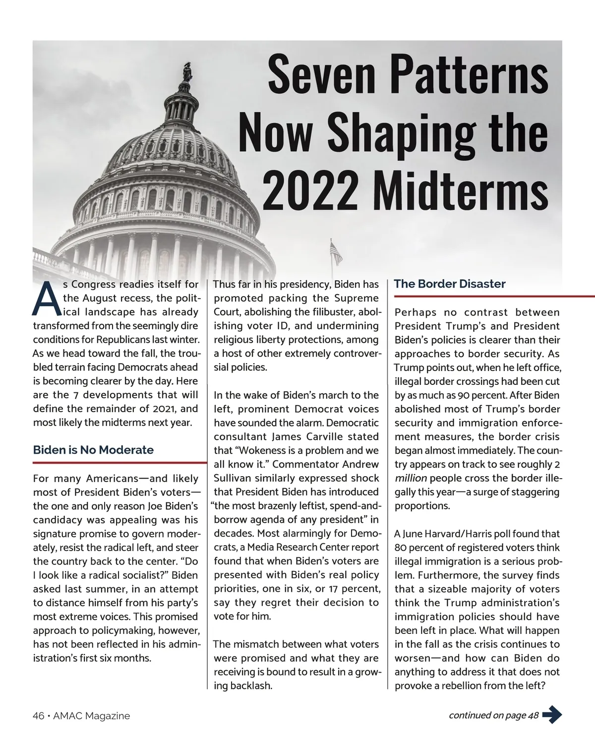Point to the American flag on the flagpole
(x=337, y=254)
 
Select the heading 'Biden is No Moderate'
(x=93, y=450)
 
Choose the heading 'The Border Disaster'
(x=450, y=284)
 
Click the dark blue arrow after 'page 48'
(x=552, y=715)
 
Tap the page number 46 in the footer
(x=38, y=716)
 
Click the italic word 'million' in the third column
(x=411, y=479)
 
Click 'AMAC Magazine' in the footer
(x=91, y=716)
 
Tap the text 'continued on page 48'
(x=493, y=715)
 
